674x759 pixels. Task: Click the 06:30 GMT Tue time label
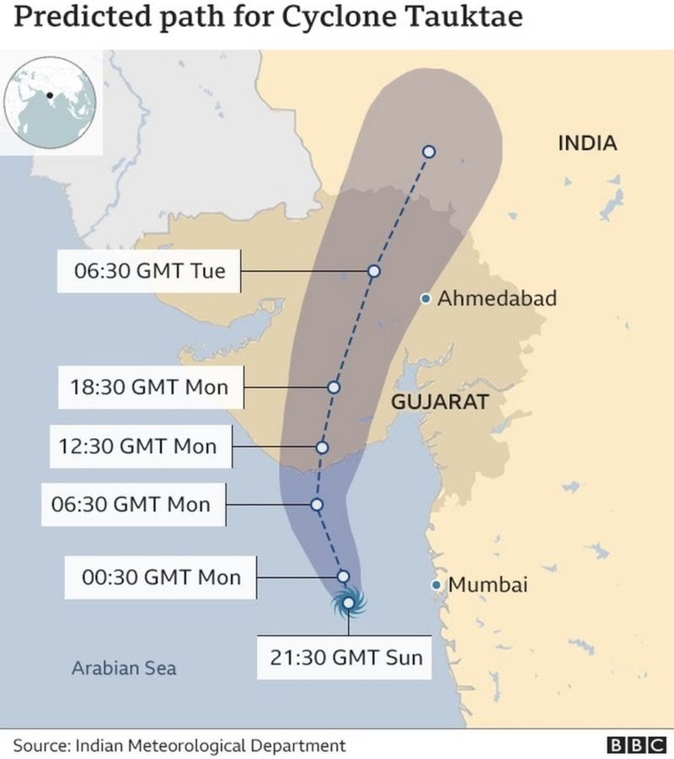pos(149,271)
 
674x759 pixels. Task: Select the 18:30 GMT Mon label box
pos(149,388)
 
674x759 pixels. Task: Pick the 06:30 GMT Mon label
pos(137,505)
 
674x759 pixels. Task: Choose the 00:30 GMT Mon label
pos(160,577)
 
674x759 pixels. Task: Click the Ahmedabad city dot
pos(427,298)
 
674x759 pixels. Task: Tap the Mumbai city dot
pos(436,585)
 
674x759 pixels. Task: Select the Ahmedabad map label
pos(497,298)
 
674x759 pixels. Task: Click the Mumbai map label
pos(488,585)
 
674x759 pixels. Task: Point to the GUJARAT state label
pos(439,402)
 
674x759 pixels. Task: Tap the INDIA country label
pos(587,143)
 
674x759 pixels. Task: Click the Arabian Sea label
pos(124,668)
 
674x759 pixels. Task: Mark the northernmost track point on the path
pos(428,152)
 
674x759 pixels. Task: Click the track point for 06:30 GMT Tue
pos(374,271)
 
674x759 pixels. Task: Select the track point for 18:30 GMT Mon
pos(334,388)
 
